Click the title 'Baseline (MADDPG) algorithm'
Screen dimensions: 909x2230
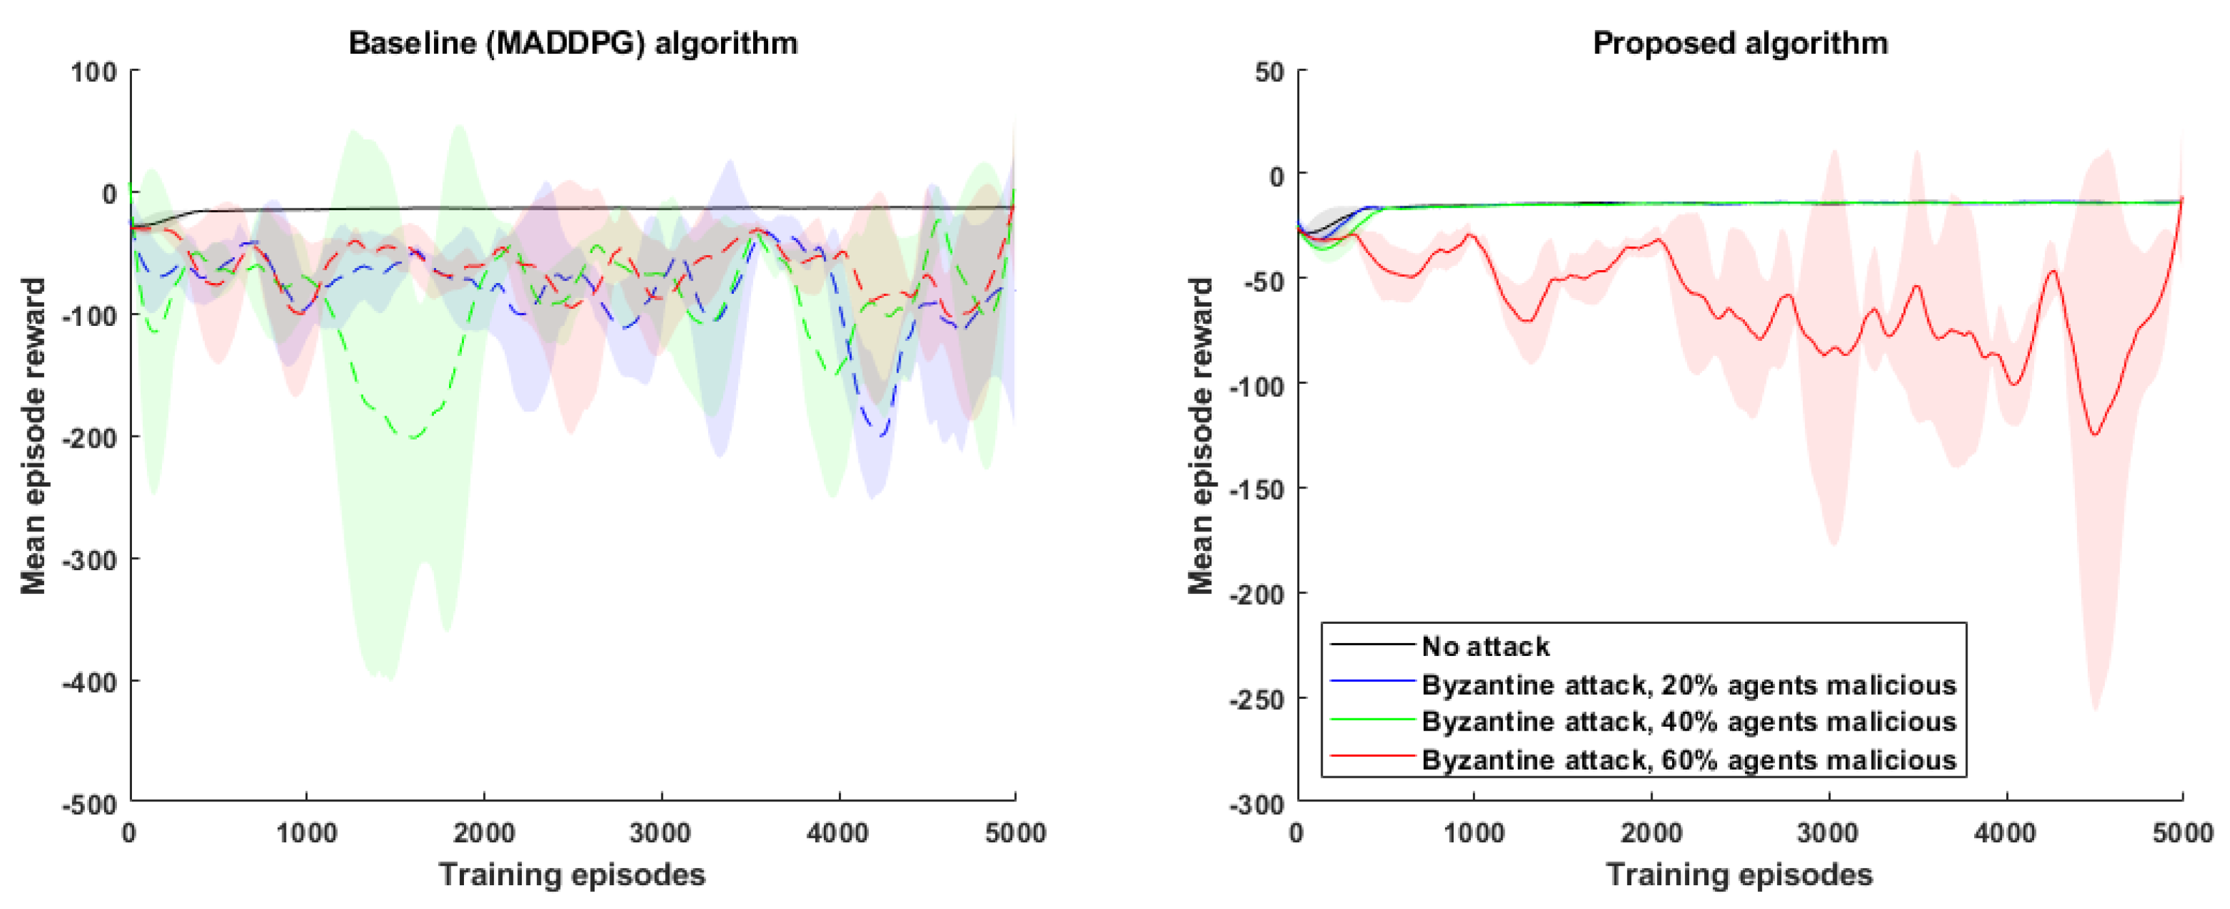(x=572, y=44)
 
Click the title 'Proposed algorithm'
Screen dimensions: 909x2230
(x=1740, y=44)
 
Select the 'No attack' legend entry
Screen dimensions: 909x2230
(x=1484, y=646)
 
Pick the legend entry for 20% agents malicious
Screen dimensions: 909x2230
(x=1688, y=684)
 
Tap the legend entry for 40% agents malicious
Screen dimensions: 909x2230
(x=1688, y=721)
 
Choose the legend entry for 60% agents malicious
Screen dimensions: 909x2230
(x=1688, y=759)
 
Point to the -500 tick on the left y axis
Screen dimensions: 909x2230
(x=89, y=804)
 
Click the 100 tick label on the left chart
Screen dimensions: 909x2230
(x=93, y=72)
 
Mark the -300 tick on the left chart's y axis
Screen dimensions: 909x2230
(x=89, y=560)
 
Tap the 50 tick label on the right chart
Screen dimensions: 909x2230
(x=1269, y=72)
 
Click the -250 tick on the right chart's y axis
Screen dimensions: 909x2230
(x=1256, y=699)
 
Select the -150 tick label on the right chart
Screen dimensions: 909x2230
(x=1256, y=489)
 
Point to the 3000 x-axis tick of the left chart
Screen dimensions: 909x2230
(x=661, y=833)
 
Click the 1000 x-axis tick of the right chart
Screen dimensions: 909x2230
(x=1474, y=833)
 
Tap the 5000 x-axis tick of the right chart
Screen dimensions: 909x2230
(x=2182, y=833)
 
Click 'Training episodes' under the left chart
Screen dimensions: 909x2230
(x=572, y=874)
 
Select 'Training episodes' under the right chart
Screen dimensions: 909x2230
(x=1740, y=874)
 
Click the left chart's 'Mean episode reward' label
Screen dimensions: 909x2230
(x=33, y=435)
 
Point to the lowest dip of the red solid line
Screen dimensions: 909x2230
(x=2095, y=433)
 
